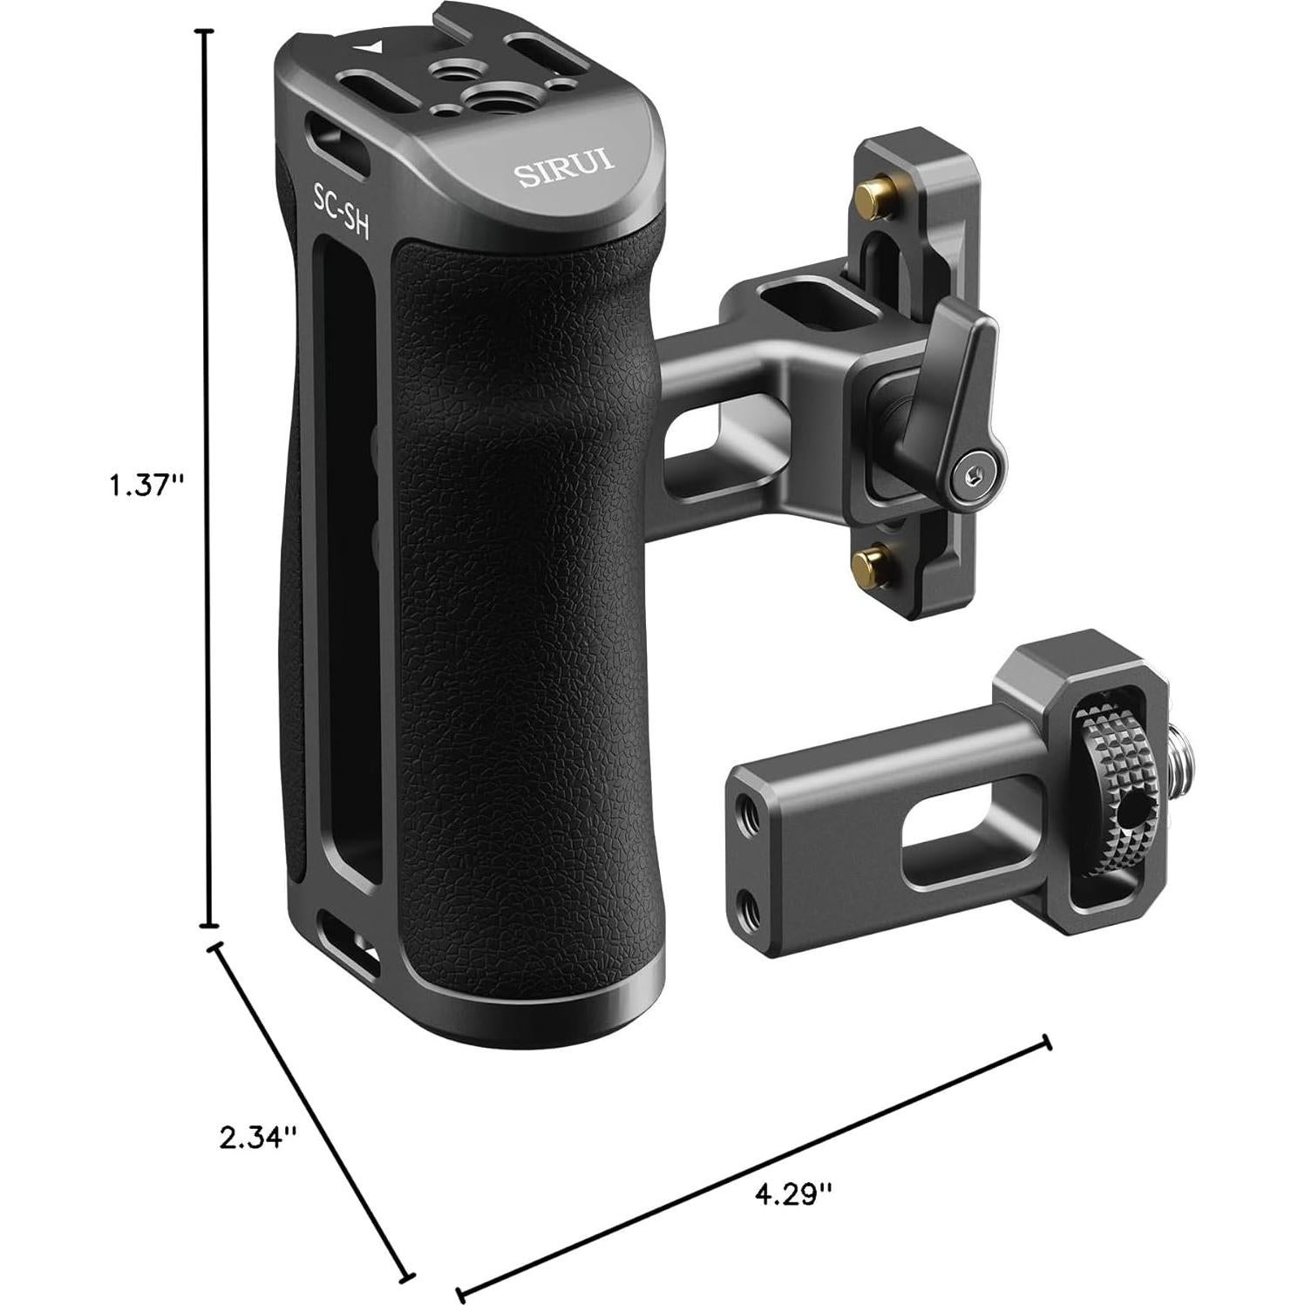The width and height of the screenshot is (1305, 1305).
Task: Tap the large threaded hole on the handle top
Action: click(x=490, y=95)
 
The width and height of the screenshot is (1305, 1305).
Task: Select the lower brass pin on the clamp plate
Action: click(x=867, y=556)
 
